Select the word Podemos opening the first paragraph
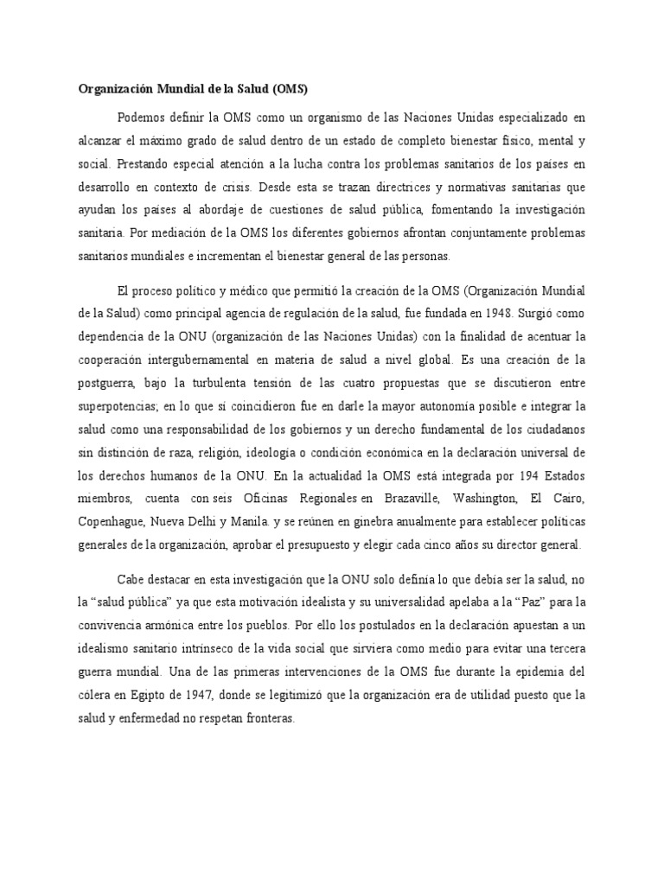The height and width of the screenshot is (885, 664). pyautogui.click(x=141, y=116)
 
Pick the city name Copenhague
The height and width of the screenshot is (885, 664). pyautogui.click(x=111, y=522)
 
